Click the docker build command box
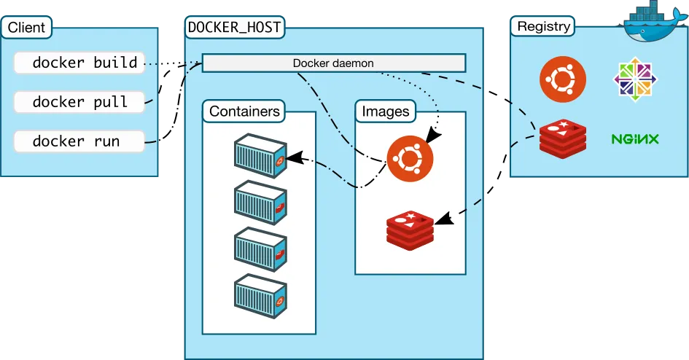pyautogui.click(x=79, y=63)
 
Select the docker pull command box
pyautogui.click(x=79, y=102)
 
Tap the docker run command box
pyautogui.click(x=79, y=141)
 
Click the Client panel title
pyautogui.click(x=26, y=28)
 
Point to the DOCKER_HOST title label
pyautogui.click(x=234, y=28)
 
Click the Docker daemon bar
pyautogui.click(x=333, y=63)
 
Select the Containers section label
pyautogui.click(x=244, y=111)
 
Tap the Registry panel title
pyautogui.click(x=543, y=27)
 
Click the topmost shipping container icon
pyautogui.click(x=260, y=155)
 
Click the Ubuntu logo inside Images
pyautogui.click(x=409, y=157)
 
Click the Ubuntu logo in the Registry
pyautogui.click(x=562, y=79)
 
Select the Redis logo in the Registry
pyautogui.click(x=562, y=138)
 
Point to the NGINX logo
pyautogui.click(x=635, y=138)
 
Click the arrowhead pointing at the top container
pyautogui.click(x=293, y=156)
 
